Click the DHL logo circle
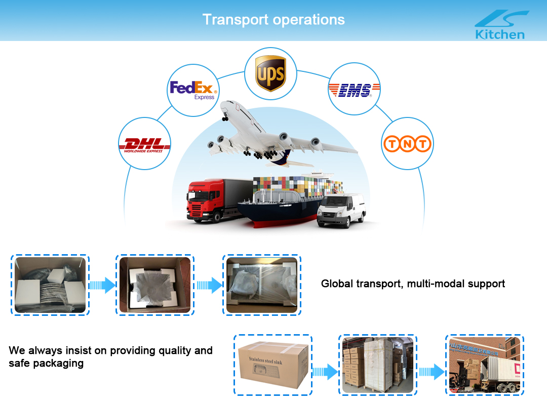144,144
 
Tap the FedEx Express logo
193,90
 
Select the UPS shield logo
270,74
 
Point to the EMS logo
354,90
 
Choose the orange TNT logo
407,144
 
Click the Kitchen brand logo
500,25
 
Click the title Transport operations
273,20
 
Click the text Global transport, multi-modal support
413,283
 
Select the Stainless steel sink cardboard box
273,364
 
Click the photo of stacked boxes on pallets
378,364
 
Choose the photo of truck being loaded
485,364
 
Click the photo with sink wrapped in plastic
261,285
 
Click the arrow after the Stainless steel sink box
325,373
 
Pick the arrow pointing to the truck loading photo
432,373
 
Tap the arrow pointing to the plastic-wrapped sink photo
209,285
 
